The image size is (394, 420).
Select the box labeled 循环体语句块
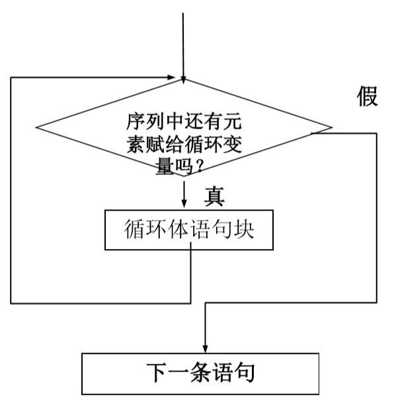point(190,230)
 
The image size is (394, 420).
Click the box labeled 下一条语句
point(200,373)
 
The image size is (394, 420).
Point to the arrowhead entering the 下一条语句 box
point(205,348)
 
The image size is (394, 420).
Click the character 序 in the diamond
point(135,123)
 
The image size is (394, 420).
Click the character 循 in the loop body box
point(135,230)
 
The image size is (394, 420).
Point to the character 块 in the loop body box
point(245,230)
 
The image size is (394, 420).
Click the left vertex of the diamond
point(36,127)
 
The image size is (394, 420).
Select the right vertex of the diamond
point(332,127)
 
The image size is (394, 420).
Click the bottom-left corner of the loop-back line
point(11,303)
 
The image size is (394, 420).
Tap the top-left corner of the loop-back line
point(11,77)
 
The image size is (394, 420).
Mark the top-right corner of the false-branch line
point(377,133)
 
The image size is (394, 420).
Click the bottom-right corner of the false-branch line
point(377,303)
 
